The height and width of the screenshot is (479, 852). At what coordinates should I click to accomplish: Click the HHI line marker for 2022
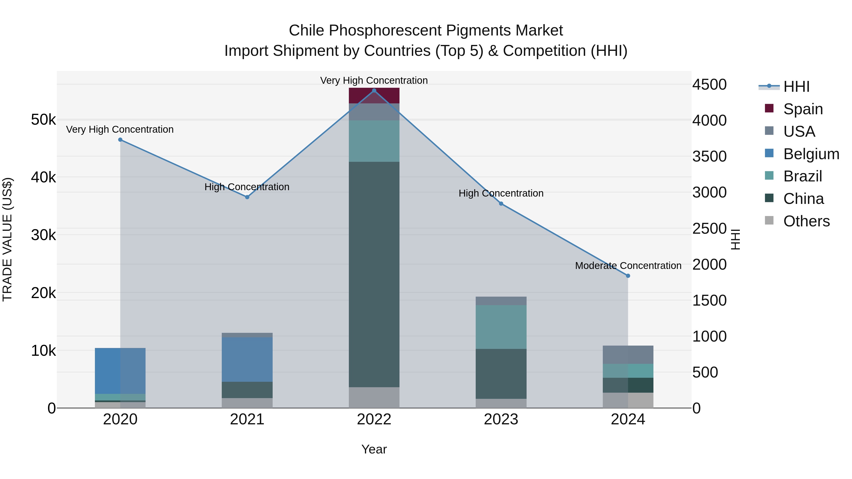click(374, 91)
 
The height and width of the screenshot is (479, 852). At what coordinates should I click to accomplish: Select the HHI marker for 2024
click(628, 276)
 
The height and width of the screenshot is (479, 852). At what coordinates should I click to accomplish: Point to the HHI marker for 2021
click(247, 197)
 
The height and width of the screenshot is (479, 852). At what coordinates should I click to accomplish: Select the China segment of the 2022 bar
click(374, 274)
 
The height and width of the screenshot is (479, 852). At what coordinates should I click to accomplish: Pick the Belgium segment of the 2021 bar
click(247, 360)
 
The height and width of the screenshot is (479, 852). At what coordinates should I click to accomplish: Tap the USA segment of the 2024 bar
click(628, 355)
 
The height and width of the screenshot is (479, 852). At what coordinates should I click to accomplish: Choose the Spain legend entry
click(803, 109)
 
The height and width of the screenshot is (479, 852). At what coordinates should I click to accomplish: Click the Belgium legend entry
click(811, 154)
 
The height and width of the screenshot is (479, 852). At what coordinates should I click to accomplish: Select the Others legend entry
click(806, 221)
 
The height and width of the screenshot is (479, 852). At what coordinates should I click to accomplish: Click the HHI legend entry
click(796, 87)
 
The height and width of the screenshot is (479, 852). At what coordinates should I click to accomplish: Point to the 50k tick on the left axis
click(44, 120)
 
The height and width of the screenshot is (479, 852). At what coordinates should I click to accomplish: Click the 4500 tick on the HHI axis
click(710, 85)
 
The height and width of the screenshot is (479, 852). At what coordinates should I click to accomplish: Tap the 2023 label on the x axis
click(501, 419)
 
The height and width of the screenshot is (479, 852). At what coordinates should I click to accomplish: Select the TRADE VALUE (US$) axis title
click(8, 239)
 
